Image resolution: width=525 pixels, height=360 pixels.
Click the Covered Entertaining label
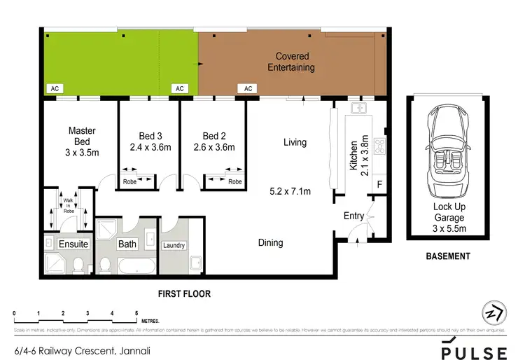pyautogui.click(x=295, y=62)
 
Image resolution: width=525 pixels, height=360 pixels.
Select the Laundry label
pyautogui.click(x=174, y=246)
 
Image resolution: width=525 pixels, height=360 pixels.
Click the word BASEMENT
pyautogui.click(x=448, y=256)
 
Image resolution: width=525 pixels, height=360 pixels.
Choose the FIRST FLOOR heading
pyautogui.click(x=184, y=294)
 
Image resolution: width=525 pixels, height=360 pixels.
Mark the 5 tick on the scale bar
pyautogui.click(x=136, y=313)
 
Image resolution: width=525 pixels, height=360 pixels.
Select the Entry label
pyautogui.click(x=353, y=216)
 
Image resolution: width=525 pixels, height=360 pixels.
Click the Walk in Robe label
pyautogui.click(x=68, y=203)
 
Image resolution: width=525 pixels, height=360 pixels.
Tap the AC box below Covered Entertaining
pyautogui.click(x=248, y=89)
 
